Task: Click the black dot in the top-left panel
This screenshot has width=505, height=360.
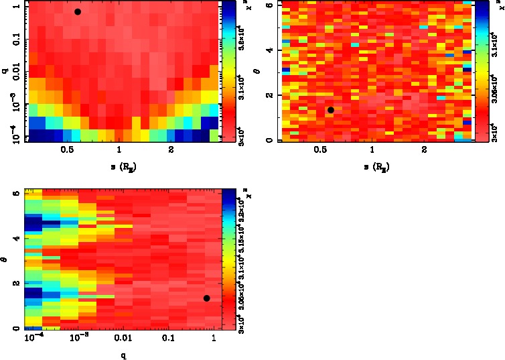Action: pos(78,12)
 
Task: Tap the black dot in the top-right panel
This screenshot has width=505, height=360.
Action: pos(330,110)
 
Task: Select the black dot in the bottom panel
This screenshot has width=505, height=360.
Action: pos(207,298)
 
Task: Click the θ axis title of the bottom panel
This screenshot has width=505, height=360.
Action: pos(5,263)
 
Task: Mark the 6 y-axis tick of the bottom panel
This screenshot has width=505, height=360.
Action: pos(16,194)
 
